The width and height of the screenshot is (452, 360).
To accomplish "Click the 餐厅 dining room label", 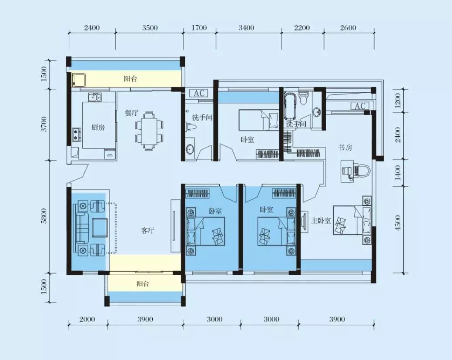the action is [x=131, y=113].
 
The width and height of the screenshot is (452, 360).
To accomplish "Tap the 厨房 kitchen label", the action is [x=98, y=127].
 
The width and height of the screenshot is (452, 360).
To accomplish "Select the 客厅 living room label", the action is [x=148, y=230].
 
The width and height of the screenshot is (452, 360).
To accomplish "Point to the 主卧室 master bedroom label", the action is [x=321, y=221].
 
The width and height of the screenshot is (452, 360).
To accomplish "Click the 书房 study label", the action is [x=345, y=148].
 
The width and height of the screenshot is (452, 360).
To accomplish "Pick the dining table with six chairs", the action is [x=149, y=131].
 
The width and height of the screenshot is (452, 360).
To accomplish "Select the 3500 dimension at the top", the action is [x=150, y=28].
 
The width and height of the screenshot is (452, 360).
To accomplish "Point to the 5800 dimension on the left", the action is [x=44, y=216].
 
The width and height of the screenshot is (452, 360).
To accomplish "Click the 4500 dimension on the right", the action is [x=398, y=222].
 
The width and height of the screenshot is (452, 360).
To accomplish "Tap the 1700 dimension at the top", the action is [x=199, y=28].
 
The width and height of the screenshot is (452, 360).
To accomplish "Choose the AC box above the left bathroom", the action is [x=199, y=94].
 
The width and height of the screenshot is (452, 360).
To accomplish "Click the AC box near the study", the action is [x=360, y=106].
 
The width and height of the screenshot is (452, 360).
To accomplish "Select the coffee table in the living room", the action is [x=100, y=228].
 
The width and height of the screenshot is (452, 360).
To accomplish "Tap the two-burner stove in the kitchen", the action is [x=77, y=135].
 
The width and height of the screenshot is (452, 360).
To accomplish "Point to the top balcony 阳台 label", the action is [x=131, y=79].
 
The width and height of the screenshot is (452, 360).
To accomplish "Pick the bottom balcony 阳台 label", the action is [x=143, y=284].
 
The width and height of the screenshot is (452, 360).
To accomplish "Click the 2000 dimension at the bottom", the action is [x=87, y=320].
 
